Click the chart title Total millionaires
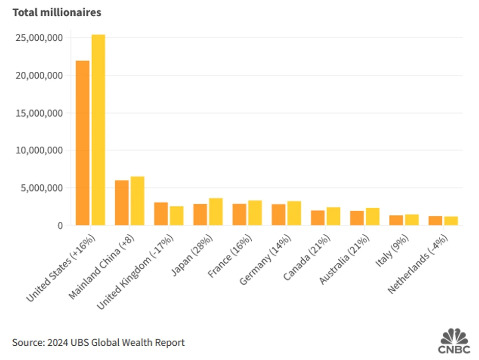[57, 13]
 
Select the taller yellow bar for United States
[98, 130]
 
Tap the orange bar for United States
[82, 143]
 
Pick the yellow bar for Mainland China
[137, 201]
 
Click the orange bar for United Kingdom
[161, 213]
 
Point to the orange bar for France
[239, 214]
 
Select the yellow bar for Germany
[294, 213]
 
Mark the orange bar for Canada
[317, 217]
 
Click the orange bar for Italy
[396, 220]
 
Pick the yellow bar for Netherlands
[451, 220]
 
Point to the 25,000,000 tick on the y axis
[40, 38]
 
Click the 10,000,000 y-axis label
[40, 150]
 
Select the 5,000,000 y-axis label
[42, 188]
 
